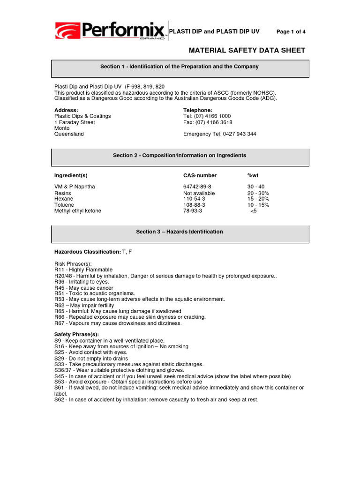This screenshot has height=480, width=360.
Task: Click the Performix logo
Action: (x=111, y=31)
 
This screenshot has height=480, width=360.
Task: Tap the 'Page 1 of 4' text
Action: (x=291, y=32)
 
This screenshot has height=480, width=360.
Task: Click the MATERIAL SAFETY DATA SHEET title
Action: (x=247, y=50)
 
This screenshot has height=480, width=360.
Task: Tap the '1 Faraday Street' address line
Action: (x=75, y=122)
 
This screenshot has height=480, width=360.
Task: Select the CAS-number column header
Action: (x=200, y=175)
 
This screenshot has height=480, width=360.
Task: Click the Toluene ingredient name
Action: (x=64, y=205)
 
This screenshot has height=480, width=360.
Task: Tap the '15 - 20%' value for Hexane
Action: (x=258, y=199)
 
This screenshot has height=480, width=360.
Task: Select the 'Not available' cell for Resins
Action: (x=199, y=193)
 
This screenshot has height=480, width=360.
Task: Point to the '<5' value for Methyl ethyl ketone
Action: (x=254, y=211)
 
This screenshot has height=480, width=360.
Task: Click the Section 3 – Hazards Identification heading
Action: (x=180, y=232)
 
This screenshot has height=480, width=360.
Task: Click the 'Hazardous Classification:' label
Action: (x=87, y=252)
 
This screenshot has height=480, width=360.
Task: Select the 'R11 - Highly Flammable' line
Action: (x=83, y=270)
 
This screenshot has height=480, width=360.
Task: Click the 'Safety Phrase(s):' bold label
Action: (x=76, y=334)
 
